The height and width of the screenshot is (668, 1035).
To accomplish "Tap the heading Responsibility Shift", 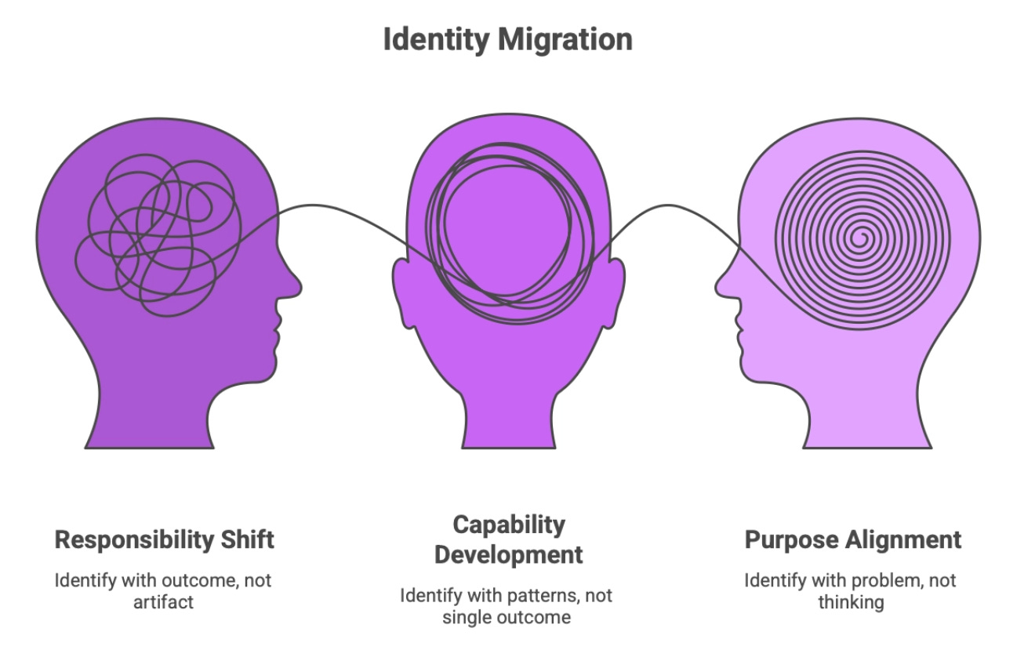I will point(165,539).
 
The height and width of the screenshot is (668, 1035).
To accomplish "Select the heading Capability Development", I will point(509,539).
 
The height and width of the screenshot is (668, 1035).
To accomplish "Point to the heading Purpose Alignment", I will point(852,539).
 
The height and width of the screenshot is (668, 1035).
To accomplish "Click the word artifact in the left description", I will point(164,601).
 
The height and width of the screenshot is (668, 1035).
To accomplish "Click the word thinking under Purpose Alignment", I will point(851,601).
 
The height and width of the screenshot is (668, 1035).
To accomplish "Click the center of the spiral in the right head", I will point(861,236).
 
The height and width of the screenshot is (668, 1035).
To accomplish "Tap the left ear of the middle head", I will point(404,294).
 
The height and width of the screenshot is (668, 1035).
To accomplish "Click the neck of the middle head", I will point(509,408).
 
